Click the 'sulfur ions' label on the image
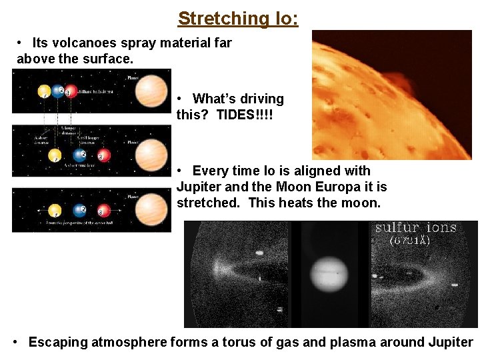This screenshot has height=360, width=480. coord(416,228)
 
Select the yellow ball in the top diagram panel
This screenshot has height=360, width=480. coord(43,91)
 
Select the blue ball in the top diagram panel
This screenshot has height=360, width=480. coord(59,91)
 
